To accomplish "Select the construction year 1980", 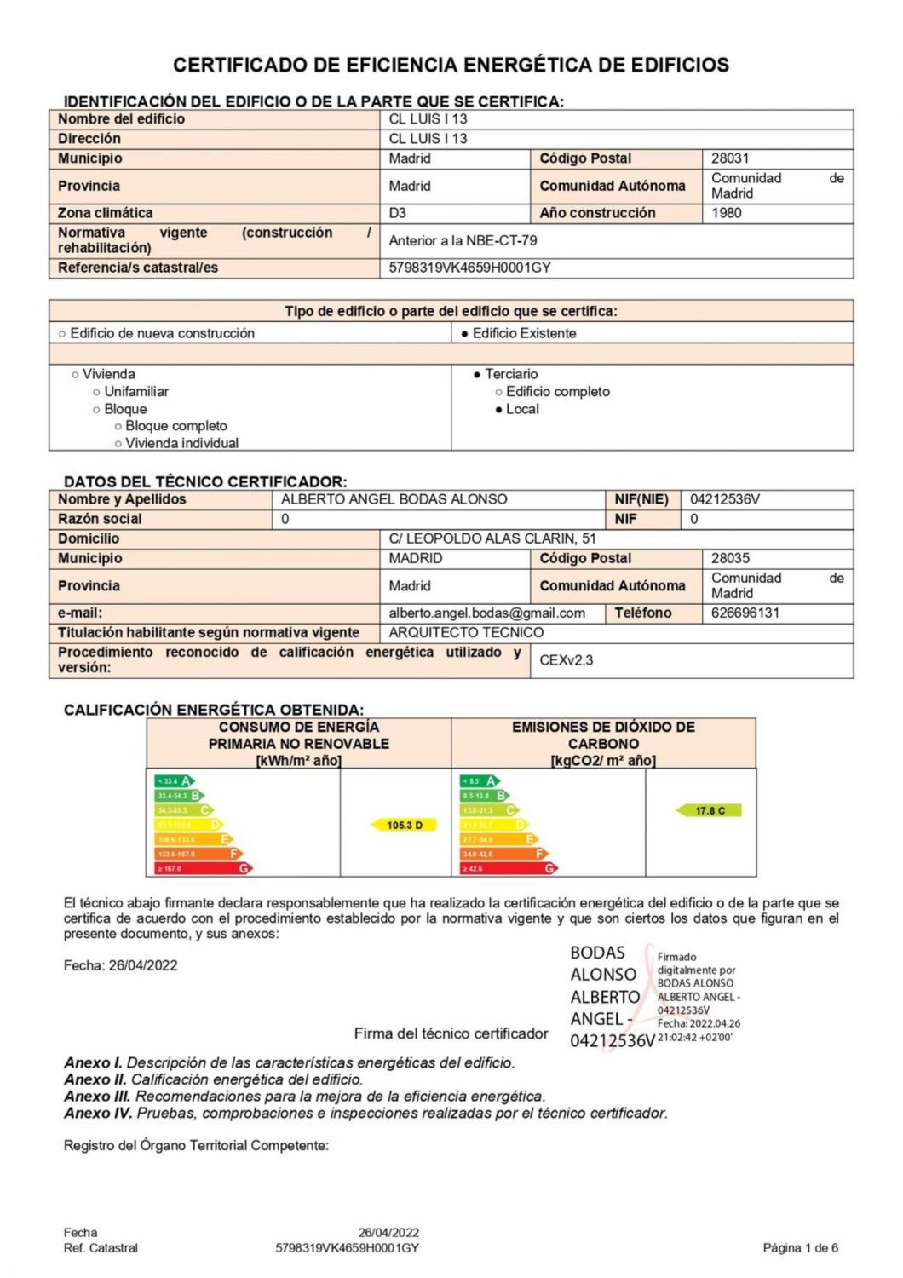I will click(x=727, y=213).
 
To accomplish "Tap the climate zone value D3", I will click(x=398, y=213).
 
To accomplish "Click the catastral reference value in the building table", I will click(x=469, y=268).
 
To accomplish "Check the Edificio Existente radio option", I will click(x=465, y=333).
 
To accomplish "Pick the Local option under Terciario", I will click(x=499, y=409).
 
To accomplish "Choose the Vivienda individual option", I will click(x=118, y=443).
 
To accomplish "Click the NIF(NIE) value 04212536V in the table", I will click(x=725, y=499).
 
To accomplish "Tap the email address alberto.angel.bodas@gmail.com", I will click(x=486, y=613).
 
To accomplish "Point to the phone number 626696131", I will click(x=745, y=613).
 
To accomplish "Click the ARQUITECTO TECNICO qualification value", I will click(x=466, y=632).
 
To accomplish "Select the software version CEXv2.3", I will click(x=567, y=660).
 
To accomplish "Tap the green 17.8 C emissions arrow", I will click(x=709, y=810).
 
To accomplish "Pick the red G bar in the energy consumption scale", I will click(x=203, y=868).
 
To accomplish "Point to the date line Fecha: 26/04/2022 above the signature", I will click(x=120, y=965).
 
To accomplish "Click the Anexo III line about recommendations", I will click(x=304, y=1097).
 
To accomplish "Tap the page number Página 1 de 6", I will click(x=800, y=1248).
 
